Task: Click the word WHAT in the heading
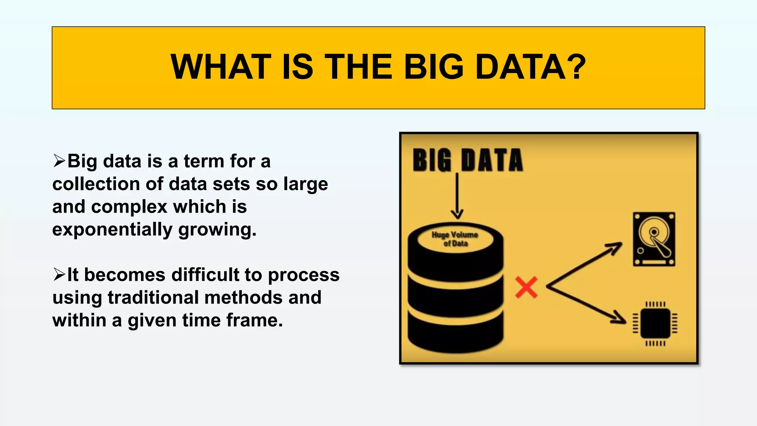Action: [x=221, y=67]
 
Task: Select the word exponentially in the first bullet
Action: [x=112, y=229]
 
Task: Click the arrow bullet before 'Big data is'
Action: [x=59, y=161]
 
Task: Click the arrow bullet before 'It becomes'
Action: [x=59, y=275]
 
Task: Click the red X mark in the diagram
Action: [x=526, y=287]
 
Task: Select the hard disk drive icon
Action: [x=654, y=239]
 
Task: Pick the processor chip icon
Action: [x=655, y=324]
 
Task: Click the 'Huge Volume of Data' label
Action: [x=455, y=239]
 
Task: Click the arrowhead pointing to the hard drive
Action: [x=615, y=247]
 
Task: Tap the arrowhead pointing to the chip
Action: [x=619, y=318]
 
